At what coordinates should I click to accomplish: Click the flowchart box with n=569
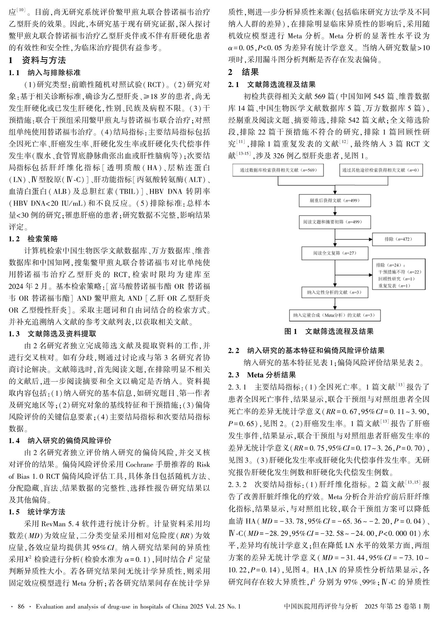(x=278, y=170)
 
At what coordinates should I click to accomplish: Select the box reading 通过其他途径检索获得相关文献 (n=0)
(x=381, y=170)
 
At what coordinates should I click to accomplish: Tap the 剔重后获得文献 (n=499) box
(x=335, y=201)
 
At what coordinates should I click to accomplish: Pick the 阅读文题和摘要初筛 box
(x=335, y=222)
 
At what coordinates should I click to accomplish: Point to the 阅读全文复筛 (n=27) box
(x=335, y=253)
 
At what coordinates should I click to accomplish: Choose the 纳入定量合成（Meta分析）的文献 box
(x=335, y=315)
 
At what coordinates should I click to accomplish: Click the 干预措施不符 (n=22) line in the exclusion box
(x=400, y=272)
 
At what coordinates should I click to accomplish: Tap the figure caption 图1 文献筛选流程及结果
(x=329, y=332)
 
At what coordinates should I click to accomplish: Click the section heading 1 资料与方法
(x=38, y=60)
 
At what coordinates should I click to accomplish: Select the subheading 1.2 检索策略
(x=33, y=239)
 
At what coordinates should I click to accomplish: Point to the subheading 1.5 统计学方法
(x=37, y=512)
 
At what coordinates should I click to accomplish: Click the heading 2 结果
(x=244, y=72)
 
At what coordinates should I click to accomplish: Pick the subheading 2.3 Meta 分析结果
(x=262, y=375)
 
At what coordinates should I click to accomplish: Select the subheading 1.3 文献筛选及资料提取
(x=53, y=334)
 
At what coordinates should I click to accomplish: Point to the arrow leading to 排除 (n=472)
(x=354, y=239)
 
